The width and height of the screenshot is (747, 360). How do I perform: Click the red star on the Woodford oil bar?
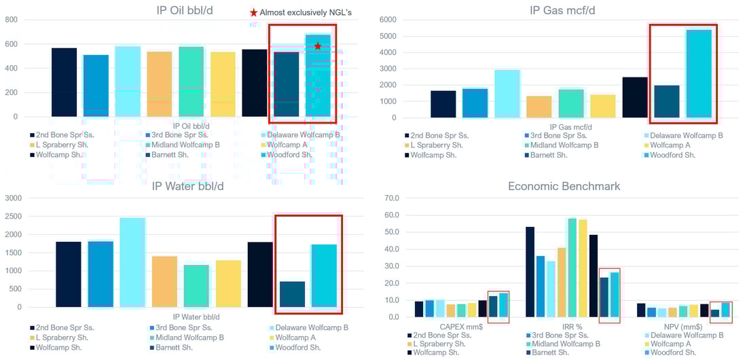click(318, 46)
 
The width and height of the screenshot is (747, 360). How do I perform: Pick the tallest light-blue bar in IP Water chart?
click(132, 262)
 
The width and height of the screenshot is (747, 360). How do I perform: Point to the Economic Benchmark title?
click(564, 186)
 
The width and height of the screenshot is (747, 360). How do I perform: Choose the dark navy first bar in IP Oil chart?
click(64, 82)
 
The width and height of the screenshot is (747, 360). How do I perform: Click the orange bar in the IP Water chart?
click(164, 281)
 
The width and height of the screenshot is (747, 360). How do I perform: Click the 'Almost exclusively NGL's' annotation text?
click(306, 12)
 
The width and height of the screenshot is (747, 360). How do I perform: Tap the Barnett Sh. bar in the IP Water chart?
click(292, 294)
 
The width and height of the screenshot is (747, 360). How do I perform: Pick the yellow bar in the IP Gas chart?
click(603, 106)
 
